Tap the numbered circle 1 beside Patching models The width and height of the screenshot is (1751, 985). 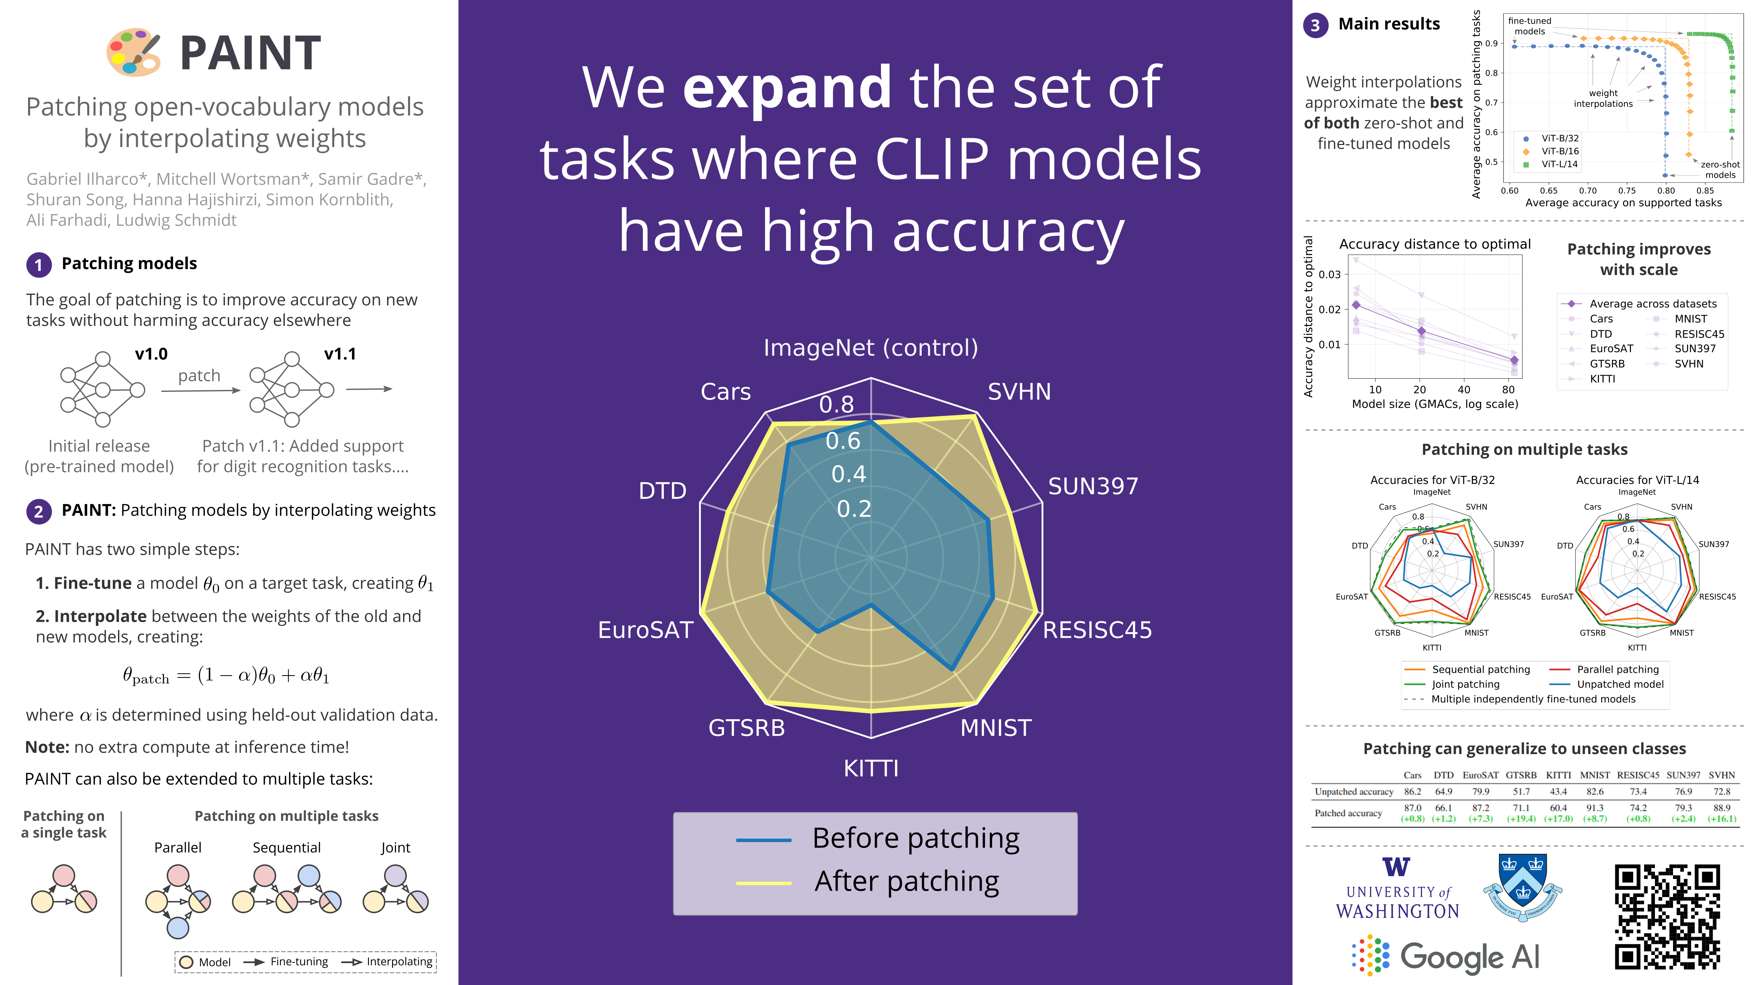coord(39,264)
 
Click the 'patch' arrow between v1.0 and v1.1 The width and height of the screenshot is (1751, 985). coord(200,390)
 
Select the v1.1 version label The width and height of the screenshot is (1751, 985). coord(340,354)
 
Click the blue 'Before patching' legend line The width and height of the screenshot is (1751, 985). coord(763,840)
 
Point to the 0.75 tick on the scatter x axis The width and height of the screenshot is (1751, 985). coord(1627,191)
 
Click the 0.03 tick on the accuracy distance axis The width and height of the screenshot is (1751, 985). coord(1330,275)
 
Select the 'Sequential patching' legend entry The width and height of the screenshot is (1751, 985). coord(1480,670)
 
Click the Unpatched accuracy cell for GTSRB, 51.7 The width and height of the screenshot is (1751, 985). coord(1521,792)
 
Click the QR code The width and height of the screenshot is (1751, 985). coord(1668,916)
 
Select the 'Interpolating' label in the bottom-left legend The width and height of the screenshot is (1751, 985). coord(399,962)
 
